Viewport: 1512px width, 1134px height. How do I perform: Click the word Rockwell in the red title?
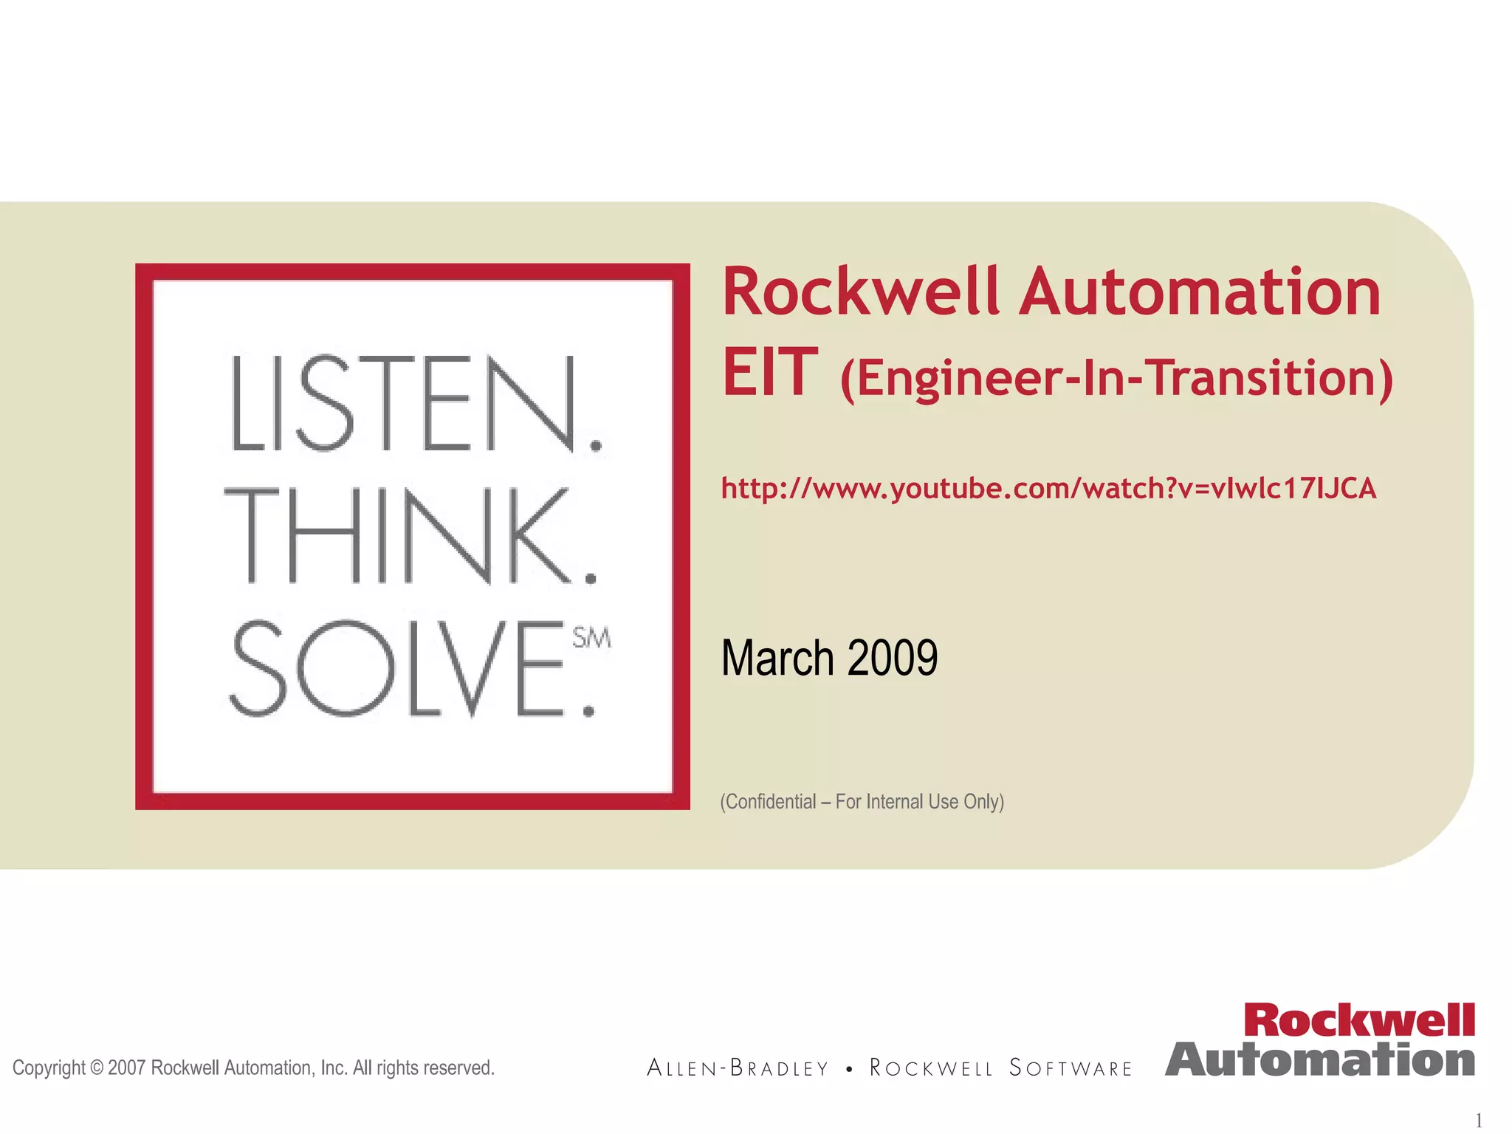(860, 292)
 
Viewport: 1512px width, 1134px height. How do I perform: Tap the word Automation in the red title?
(1201, 292)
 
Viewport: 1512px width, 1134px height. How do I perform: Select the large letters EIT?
(769, 373)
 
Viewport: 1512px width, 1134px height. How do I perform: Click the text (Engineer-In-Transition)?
(1116, 378)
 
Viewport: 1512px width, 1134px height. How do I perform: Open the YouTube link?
(1048, 489)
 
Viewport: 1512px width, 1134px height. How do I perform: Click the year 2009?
(892, 658)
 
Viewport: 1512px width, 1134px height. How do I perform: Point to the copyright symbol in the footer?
(97, 1068)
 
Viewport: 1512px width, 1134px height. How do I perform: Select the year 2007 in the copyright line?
(127, 1068)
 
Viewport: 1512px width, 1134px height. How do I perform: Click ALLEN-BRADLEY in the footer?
(738, 1068)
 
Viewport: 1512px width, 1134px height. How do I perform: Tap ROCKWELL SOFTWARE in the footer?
(1000, 1068)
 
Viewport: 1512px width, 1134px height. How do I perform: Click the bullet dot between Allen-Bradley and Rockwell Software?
(850, 1069)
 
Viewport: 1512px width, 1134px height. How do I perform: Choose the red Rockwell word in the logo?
(1358, 1021)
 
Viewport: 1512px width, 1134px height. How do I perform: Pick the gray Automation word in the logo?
(1320, 1060)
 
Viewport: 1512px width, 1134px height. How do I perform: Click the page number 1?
(1479, 1120)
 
